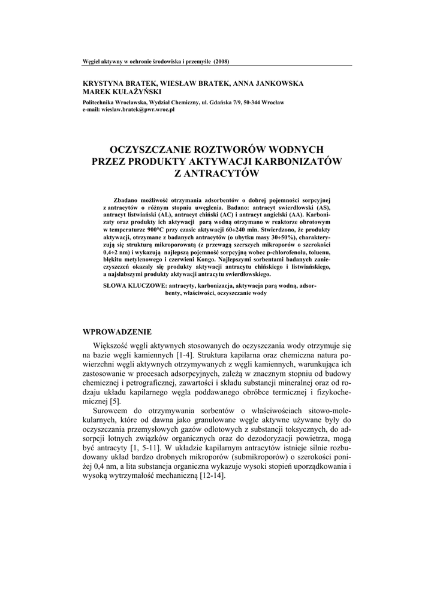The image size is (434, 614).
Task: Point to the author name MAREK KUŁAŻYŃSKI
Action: click(120, 92)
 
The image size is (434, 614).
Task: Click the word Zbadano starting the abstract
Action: click(126, 199)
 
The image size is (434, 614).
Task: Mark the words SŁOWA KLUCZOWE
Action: click(134, 286)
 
